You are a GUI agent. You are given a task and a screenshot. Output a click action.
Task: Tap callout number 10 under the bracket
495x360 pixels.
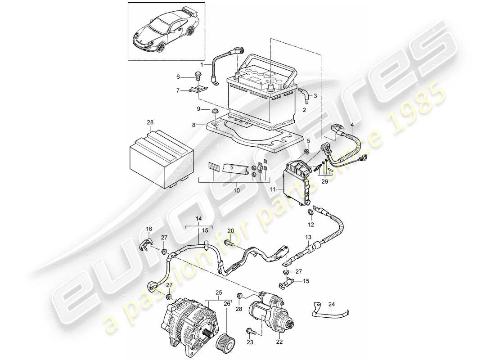click(237, 190)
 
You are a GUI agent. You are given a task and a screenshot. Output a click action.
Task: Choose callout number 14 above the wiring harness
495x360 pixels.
click(199, 220)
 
